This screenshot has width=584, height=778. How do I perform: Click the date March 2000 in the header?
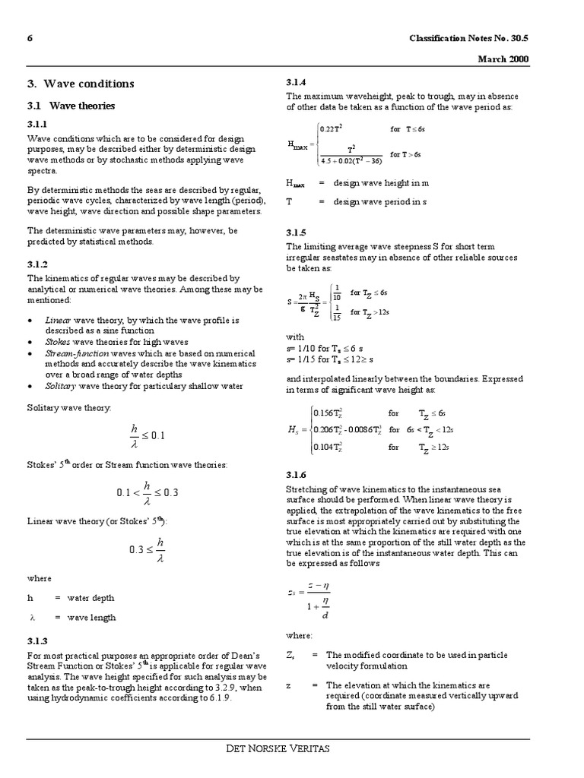[x=503, y=59]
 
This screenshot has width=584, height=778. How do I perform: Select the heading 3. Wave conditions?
[x=81, y=84]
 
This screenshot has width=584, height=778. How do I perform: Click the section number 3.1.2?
[x=38, y=264]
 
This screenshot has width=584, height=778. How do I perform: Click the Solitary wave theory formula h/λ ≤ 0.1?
[x=147, y=435]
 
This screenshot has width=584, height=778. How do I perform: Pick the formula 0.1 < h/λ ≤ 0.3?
[x=147, y=492]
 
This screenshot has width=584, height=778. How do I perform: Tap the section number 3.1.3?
[x=38, y=641]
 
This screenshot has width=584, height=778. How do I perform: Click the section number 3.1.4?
[x=297, y=82]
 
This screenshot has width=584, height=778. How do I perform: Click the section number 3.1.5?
[x=297, y=232]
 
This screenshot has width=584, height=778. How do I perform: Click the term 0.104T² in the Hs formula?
[x=331, y=448]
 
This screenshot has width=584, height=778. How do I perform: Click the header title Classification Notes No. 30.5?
[x=469, y=39]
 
